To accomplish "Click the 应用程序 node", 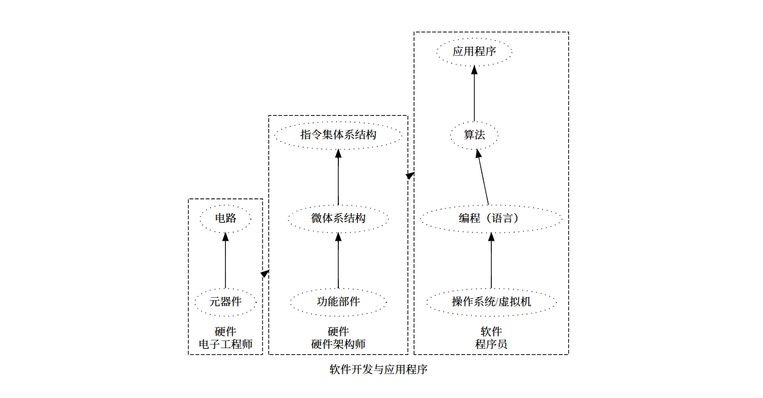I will coord(474,52).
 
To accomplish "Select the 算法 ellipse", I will coord(474,135).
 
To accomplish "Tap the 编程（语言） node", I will coord(491,219).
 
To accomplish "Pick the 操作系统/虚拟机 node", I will coord(491,301).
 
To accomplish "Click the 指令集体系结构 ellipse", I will coord(338,135).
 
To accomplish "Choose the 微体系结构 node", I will coord(338,219).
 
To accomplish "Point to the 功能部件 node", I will coord(338,301).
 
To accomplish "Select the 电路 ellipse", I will coord(225,219).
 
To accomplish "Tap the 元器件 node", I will coord(225,301).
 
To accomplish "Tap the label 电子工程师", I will coord(225,345).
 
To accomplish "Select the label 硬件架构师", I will coord(338,345).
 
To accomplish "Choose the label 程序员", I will coord(491,345).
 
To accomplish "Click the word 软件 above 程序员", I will coord(491,332).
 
